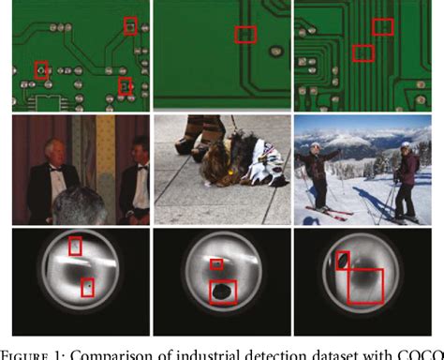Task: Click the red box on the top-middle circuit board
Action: pyautogui.click(x=245, y=35)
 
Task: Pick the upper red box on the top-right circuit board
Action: pyautogui.click(x=382, y=26)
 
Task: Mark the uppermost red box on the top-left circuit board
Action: pyautogui.click(x=130, y=25)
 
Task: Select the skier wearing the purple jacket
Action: pyautogui.click(x=406, y=178)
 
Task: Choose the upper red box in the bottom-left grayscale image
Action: pyautogui.click(x=76, y=246)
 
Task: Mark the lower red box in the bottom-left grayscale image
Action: pyautogui.click(x=87, y=287)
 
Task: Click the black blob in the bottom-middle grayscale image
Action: pyautogui.click(x=223, y=292)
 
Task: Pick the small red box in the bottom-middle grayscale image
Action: pyautogui.click(x=216, y=263)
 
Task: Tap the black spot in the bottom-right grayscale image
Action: pyautogui.click(x=344, y=261)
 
